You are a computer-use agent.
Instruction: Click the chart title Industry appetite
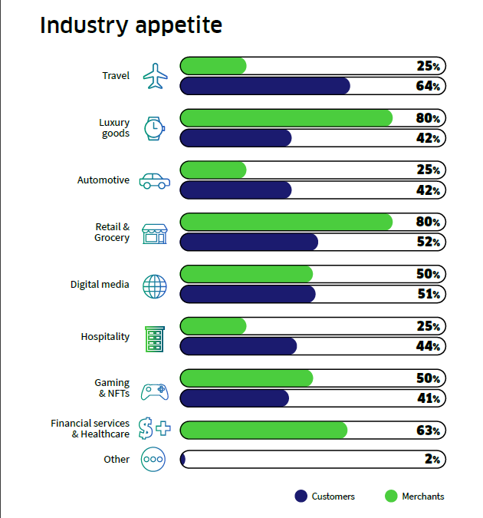[131, 25]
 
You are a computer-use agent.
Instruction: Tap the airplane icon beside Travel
[155, 76]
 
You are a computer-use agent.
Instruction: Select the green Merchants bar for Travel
[213, 66]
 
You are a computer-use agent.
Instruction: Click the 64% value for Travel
[428, 86]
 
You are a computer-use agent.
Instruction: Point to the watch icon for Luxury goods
[154, 128]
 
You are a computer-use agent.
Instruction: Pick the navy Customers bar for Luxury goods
[235, 138]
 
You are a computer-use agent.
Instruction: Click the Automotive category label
[103, 180]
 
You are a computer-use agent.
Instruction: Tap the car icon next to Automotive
[155, 181]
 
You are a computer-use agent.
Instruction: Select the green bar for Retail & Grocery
[286, 222]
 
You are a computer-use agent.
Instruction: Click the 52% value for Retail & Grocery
[429, 242]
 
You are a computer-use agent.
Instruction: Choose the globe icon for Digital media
[155, 286]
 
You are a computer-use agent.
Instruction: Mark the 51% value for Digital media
[429, 294]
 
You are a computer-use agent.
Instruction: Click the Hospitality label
[105, 337]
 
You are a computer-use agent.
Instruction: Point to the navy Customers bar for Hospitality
[238, 346]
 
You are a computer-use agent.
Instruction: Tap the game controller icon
[155, 392]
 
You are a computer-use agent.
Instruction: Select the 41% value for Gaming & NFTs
[429, 398]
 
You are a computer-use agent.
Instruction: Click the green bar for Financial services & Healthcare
[264, 430]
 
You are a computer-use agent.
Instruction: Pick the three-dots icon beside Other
[153, 459]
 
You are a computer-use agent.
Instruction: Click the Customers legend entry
[325, 497]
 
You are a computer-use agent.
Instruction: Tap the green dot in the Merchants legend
[391, 497]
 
